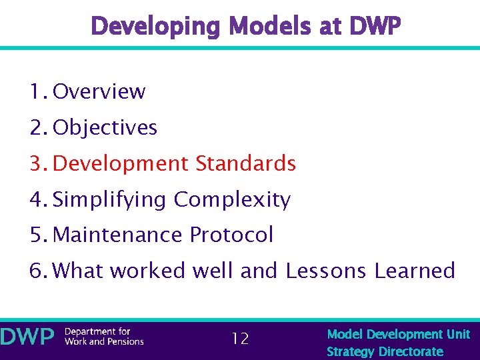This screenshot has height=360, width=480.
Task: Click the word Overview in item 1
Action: (x=99, y=91)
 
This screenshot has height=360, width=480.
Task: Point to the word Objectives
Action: (x=105, y=127)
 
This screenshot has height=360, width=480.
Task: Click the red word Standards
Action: (x=245, y=163)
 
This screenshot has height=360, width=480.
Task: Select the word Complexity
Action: (x=232, y=199)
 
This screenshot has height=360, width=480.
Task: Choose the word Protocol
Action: (x=231, y=235)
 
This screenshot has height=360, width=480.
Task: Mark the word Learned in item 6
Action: (x=415, y=271)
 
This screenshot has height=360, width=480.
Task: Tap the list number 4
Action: (x=37, y=199)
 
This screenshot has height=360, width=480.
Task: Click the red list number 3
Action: (x=37, y=163)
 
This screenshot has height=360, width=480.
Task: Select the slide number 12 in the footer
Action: (x=240, y=339)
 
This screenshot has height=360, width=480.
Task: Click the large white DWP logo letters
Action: (x=27, y=337)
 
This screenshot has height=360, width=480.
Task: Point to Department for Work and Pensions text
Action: (x=104, y=337)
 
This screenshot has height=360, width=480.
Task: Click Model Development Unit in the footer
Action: (x=398, y=334)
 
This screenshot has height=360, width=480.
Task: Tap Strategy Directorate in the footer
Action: (x=385, y=351)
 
